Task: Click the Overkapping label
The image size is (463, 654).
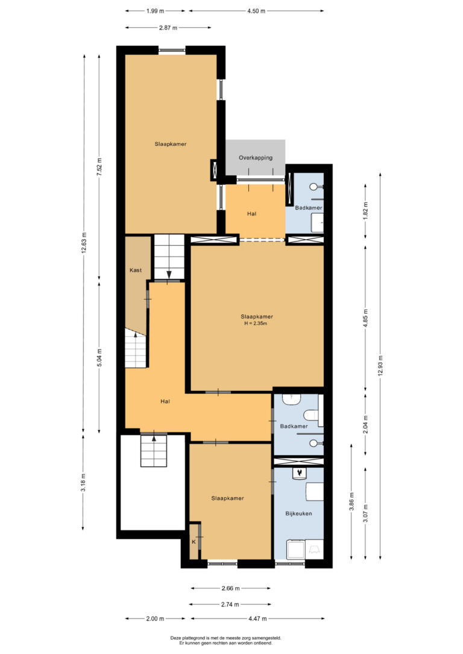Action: click(x=256, y=158)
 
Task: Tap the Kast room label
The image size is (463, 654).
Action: click(x=136, y=270)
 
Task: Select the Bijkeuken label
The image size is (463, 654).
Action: click(x=298, y=514)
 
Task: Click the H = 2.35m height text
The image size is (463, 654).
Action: click(x=256, y=323)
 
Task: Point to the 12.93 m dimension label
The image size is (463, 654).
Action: click(x=380, y=366)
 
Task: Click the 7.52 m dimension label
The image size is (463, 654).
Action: click(x=99, y=167)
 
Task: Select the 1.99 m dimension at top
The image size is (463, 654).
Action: click(x=155, y=11)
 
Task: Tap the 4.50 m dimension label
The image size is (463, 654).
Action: click(x=256, y=11)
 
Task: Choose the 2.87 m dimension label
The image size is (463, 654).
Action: click(x=168, y=28)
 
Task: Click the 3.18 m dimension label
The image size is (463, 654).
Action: click(x=84, y=482)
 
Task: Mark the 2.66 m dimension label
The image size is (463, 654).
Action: click(x=230, y=588)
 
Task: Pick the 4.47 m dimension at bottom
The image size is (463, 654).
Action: click(x=257, y=618)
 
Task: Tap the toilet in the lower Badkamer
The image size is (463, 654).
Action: click(x=311, y=416)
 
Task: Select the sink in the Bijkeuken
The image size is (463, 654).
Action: click(x=300, y=474)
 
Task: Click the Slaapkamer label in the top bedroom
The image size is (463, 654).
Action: click(x=171, y=144)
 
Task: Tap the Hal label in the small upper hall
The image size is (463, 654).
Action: click(x=251, y=214)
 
